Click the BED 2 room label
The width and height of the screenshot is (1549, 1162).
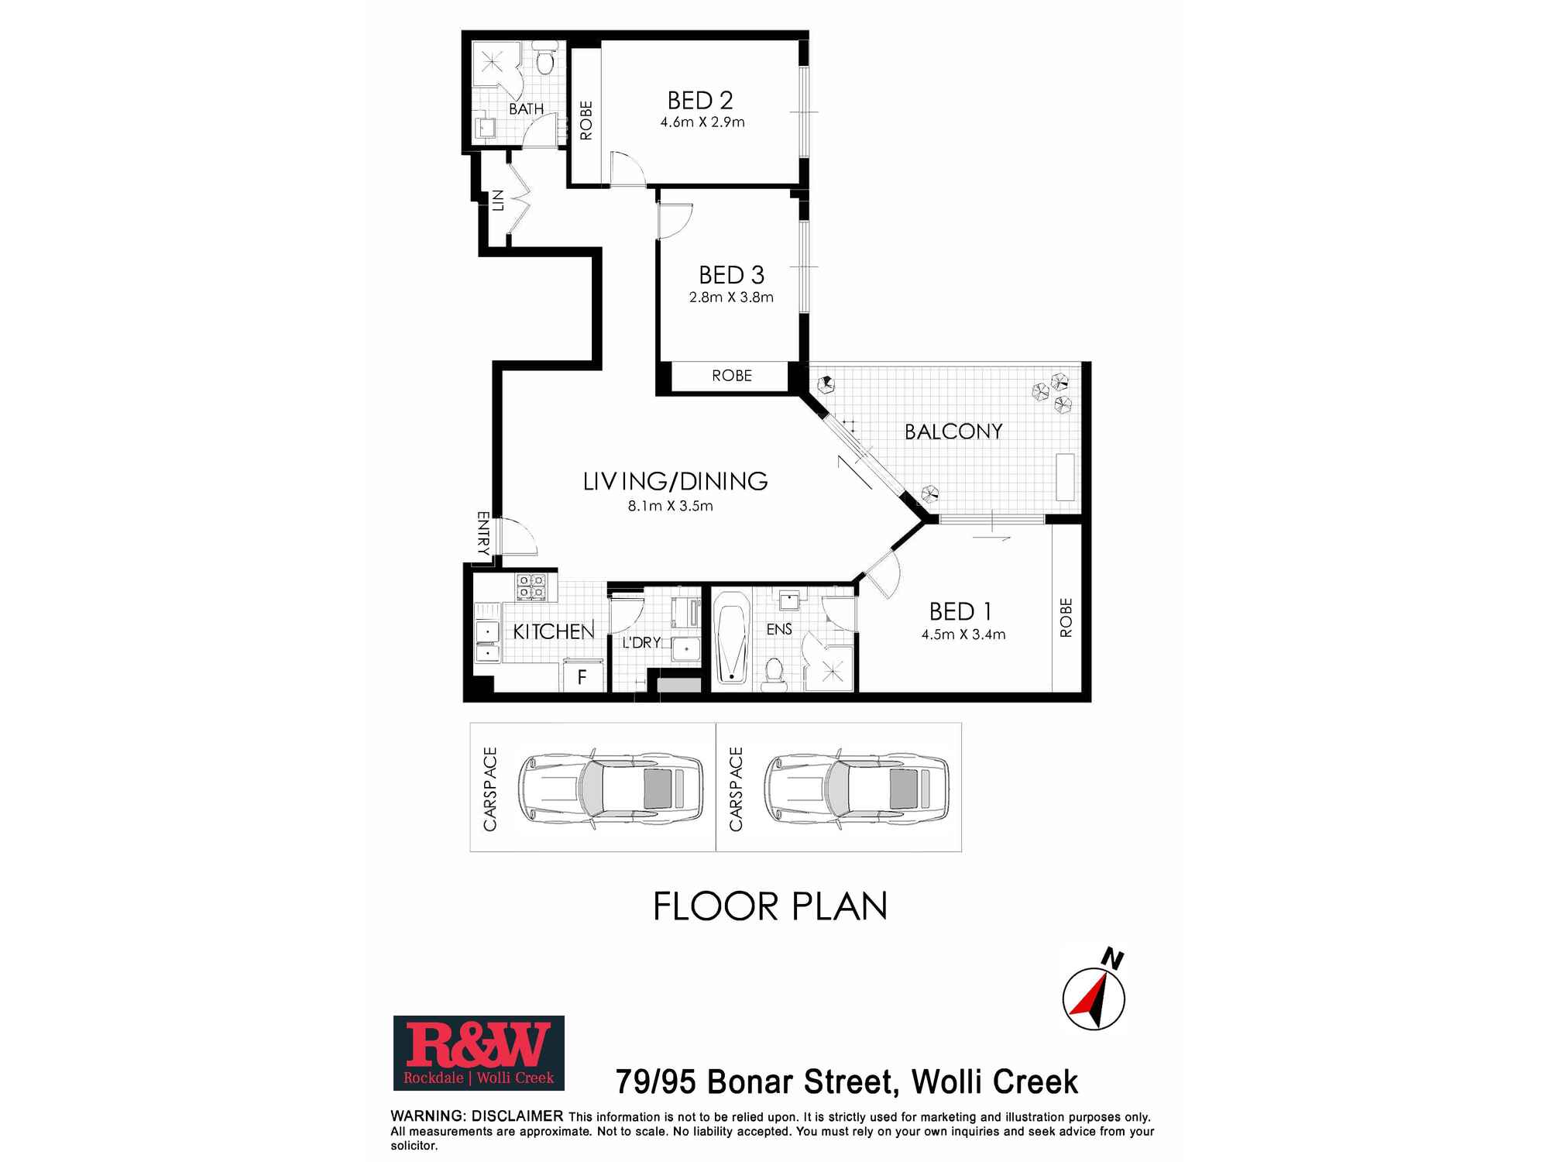coord(700,101)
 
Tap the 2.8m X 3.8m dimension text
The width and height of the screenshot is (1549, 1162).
coord(731,297)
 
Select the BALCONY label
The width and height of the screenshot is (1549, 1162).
coord(953,431)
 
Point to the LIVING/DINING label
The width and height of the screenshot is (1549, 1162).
coord(675,481)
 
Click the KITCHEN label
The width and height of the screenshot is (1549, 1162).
coord(554,631)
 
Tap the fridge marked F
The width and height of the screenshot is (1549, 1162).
coord(582,677)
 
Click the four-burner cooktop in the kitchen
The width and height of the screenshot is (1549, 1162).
coord(531,586)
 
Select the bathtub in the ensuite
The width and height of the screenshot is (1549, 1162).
coord(732,638)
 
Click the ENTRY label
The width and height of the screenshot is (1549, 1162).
coord(483,534)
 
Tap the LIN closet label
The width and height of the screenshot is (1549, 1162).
coord(497,201)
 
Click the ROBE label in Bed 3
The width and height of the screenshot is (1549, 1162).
coord(732,376)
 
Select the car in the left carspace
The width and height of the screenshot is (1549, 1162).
coord(610,789)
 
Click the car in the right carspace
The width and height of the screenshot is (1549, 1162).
coord(857,789)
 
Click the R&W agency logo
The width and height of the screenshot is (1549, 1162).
coord(479,1053)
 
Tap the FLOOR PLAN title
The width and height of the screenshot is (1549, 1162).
coord(770,906)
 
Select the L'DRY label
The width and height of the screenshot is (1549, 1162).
coord(641,642)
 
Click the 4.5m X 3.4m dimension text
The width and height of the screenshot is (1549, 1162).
coord(963,634)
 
